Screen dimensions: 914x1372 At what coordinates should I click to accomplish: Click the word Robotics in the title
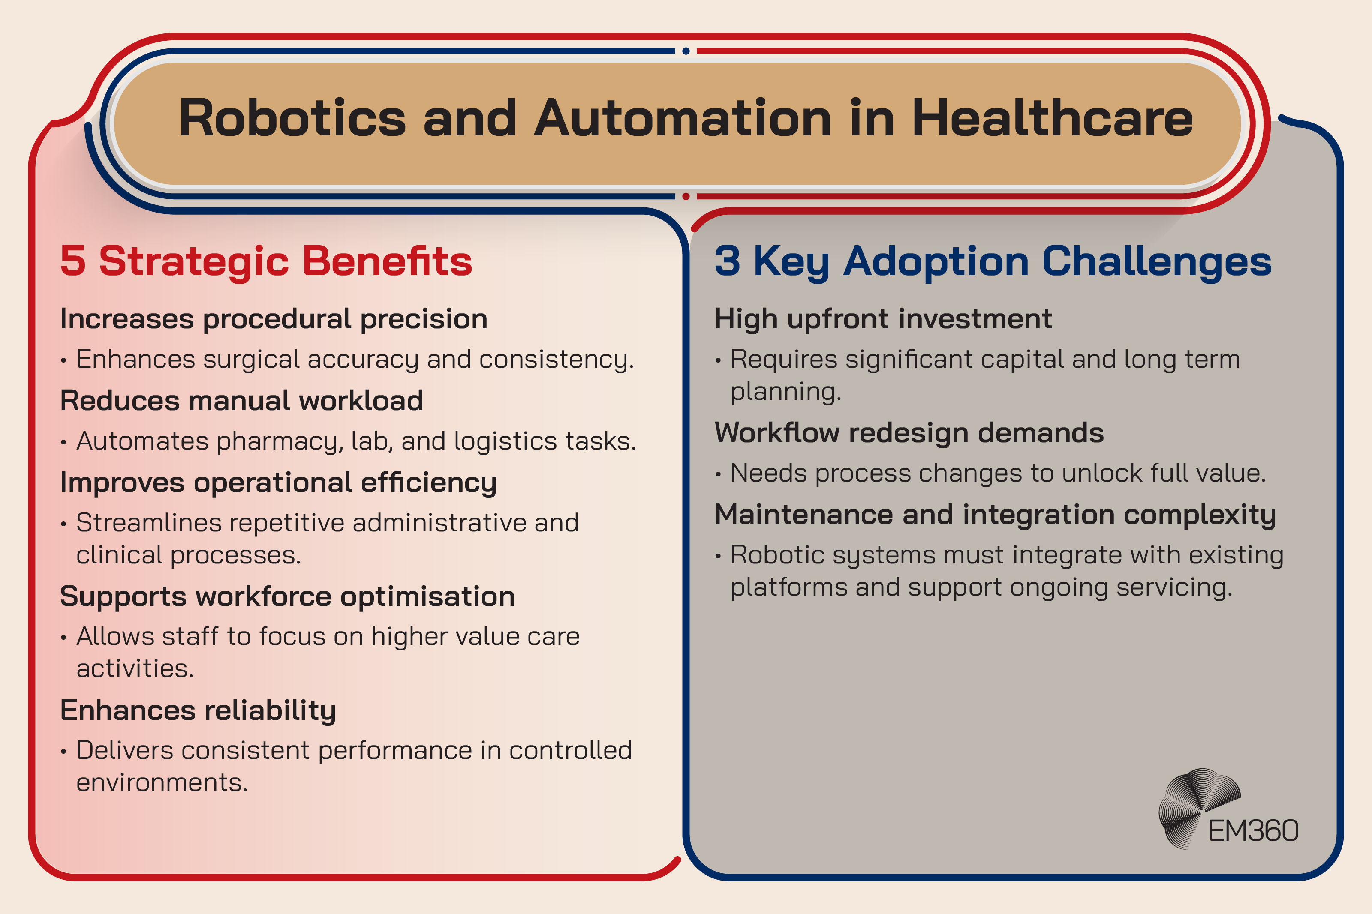click(x=292, y=118)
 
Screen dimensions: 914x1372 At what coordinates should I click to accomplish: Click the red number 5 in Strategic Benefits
click(x=73, y=261)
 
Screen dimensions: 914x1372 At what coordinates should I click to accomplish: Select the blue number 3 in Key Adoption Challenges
click(x=727, y=261)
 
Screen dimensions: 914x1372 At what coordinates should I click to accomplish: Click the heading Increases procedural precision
click(x=274, y=319)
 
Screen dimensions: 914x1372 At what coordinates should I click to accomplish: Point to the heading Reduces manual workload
click(x=241, y=401)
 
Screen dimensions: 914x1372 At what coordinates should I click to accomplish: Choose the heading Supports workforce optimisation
click(x=287, y=597)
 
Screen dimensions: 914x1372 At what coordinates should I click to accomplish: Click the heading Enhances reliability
click(x=198, y=710)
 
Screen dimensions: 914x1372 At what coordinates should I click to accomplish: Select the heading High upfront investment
click(x=883, y=319)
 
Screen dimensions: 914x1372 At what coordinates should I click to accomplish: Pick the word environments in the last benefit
click(x=162, y=782)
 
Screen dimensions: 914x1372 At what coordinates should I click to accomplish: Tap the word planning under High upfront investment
click(x=785, y=392)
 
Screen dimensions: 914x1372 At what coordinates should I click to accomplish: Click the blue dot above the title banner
click(x=686, y=51)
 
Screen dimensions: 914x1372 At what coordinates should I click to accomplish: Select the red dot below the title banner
click(x=686, y=196)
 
